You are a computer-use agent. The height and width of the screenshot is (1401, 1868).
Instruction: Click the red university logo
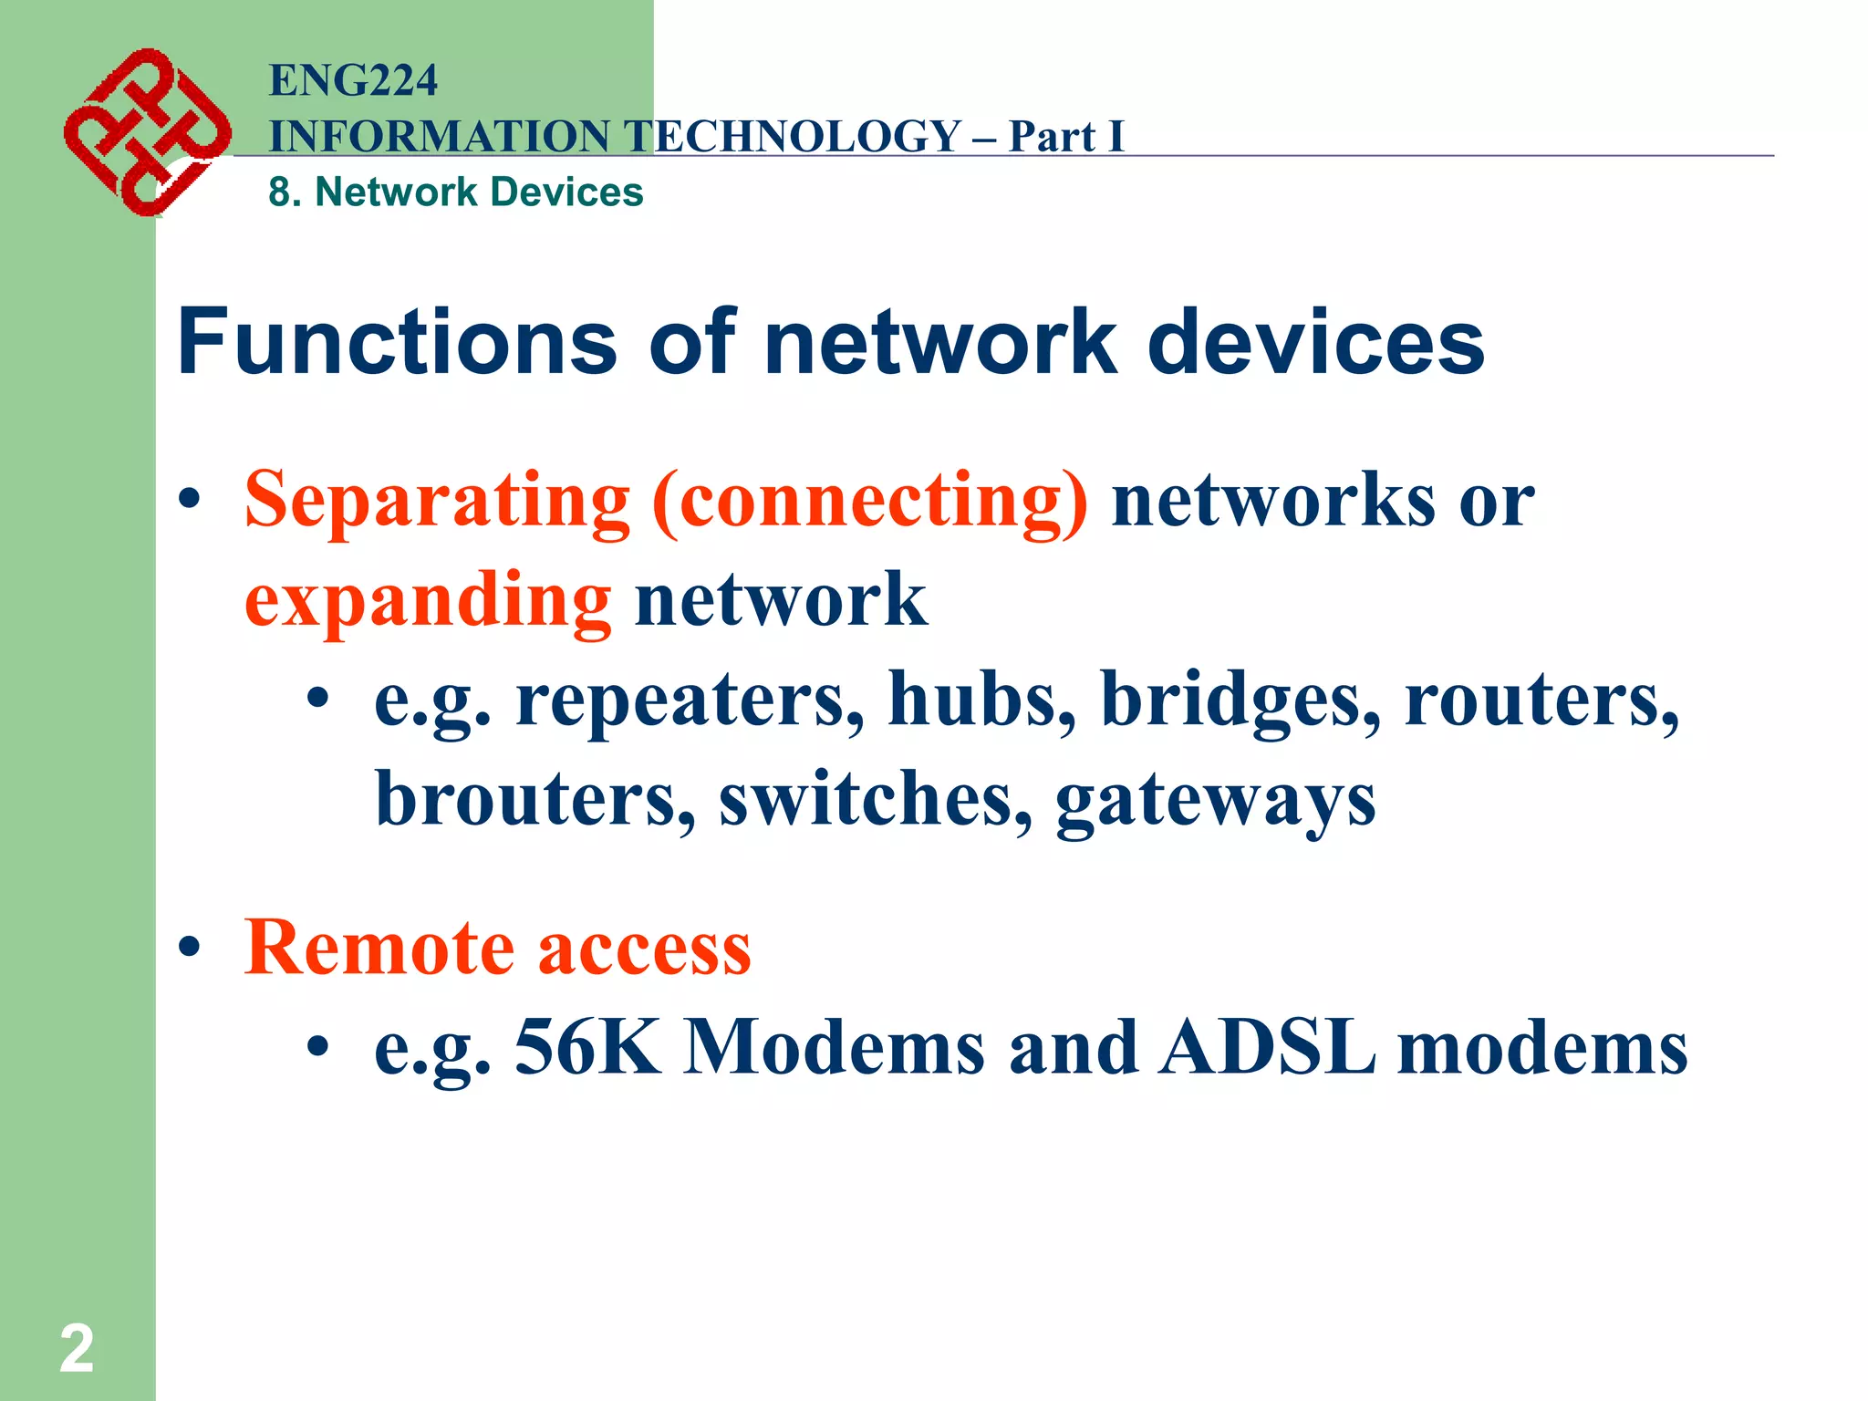click(146, 132)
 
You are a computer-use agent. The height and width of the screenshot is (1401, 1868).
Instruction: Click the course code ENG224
click(353, 80)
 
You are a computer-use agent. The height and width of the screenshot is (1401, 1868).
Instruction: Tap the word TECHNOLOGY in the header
click(793, 137)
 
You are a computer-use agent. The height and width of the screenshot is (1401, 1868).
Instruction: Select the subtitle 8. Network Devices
click(456, 192)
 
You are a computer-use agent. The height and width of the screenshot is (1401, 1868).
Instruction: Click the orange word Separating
click(437, 501)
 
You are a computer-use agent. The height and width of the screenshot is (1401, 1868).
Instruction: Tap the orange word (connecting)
click(869, 501)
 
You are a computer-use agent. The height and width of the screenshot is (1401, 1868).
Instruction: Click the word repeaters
click(690, 700)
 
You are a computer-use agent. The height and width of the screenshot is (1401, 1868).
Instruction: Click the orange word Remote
click(379, 949)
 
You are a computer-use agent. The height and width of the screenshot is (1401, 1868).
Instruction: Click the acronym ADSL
click(1267, 1048)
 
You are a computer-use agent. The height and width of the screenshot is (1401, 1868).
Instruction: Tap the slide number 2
click(77, 1349)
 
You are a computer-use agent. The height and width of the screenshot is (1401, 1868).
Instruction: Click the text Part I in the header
click(1065, 137)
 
